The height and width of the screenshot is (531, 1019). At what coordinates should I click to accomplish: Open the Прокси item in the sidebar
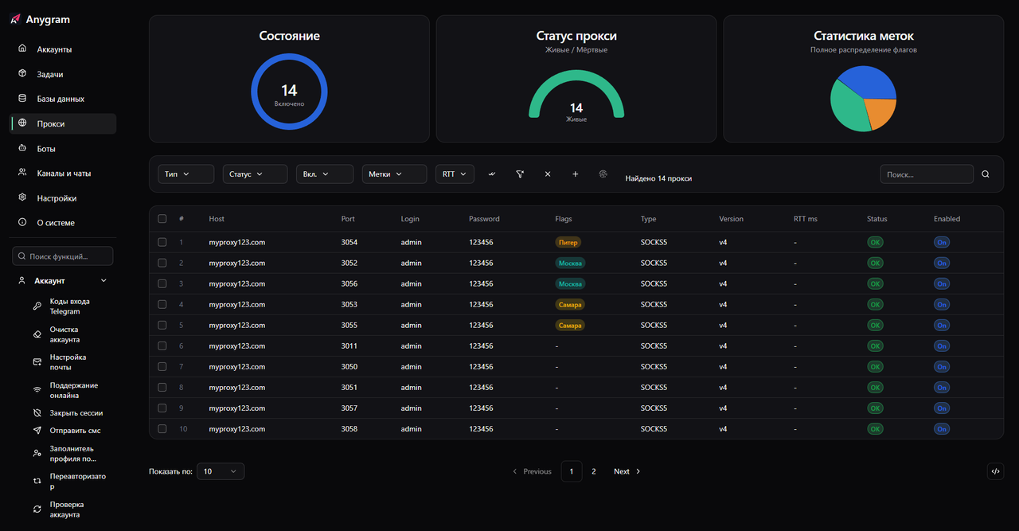(x=51, y=124)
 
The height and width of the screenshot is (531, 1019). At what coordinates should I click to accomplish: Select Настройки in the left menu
(x=57, y=198)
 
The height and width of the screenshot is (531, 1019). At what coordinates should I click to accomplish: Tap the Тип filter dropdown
(x=185, y=174)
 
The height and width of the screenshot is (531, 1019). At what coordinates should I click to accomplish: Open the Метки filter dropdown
(x=394, y=174)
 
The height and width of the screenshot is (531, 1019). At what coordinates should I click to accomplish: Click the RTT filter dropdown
(x=455, y=174)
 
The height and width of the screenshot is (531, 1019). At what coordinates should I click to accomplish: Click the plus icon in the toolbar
(x=576, y=174)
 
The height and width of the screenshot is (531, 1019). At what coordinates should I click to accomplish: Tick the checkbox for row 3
(x=162, y=283)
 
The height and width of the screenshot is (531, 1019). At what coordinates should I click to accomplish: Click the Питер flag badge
(x=568, y=242)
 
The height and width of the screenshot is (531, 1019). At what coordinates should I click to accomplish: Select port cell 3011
(x=349, y=346)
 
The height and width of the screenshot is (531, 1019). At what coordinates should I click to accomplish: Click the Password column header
(x=484, y=219)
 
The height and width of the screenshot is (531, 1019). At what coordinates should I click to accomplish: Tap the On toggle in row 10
(x=942, y=429)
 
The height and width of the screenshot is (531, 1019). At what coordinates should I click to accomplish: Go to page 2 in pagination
(x=593, y=471)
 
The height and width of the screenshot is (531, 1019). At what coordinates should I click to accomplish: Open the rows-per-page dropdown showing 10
(x=221, y=471)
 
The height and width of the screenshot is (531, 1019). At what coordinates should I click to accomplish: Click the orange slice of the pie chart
(x=880, y=113)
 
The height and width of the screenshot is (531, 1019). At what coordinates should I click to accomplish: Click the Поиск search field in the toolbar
(x=927, y=174)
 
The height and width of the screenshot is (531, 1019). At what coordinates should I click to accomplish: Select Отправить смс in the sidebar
(x=75, y=431)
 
